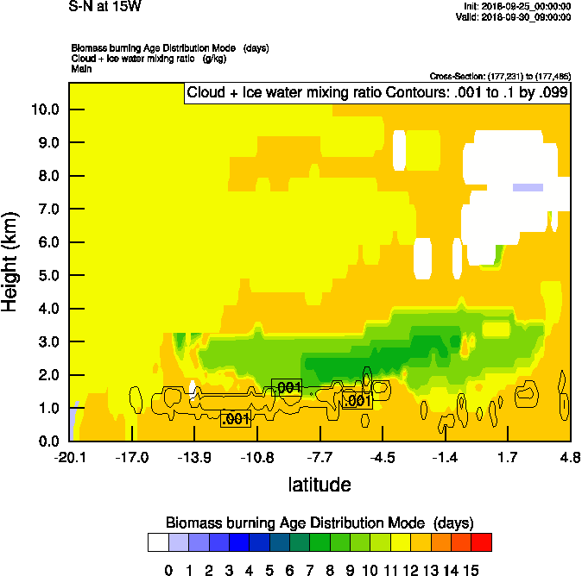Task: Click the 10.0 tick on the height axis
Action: [x=45, y=110]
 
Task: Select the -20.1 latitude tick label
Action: [x=69, y=457]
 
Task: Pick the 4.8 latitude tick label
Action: [x=569, y=457]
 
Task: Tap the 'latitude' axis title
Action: [x=319, y=485]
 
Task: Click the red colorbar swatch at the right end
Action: [x=482, y=542]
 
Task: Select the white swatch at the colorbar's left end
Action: [x=158, y=542]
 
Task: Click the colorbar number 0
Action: [x=168, y=569]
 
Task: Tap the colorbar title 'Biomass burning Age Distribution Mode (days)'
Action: [x=319, y=523]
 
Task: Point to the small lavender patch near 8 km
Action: [x=528, y=186]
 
